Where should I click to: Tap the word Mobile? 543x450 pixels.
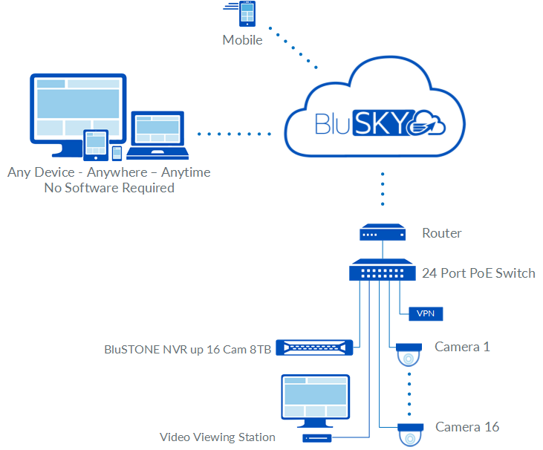(x=243, y=40)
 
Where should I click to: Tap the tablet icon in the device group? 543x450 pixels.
(x=96, y=145)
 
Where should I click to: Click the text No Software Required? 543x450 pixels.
(x=109, y=188)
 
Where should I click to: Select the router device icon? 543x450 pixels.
(x=382, y=233)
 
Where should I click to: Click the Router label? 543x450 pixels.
(x=442, y=233)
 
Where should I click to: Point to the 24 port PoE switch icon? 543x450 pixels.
(x=383, y=270)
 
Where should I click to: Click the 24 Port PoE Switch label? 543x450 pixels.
(x=478, y=273)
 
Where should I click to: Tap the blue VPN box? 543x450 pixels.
(x=426, y=313)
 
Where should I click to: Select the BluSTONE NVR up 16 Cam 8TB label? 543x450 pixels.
(x=190, y=348)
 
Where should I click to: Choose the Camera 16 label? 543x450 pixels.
(x=467, y=427)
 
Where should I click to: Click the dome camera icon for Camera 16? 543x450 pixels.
(x=409, y=434)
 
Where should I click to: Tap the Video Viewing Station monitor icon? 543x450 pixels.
(x=311, y=401)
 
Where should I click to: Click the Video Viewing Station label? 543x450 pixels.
(x=218, y=437)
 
